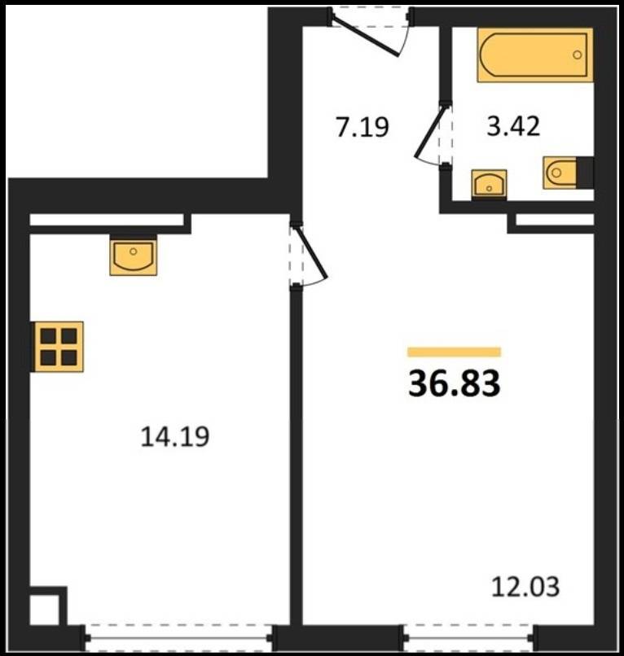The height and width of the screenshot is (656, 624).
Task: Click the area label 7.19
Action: click(363, 127)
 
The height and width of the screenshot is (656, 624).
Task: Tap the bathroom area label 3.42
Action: click(513, 126)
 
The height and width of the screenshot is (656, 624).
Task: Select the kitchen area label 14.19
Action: click(174, 437)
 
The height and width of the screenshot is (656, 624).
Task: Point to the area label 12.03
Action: click(525, 586)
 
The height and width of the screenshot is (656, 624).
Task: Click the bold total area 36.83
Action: click(455, 383)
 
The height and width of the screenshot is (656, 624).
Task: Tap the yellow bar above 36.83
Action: click(455, 352)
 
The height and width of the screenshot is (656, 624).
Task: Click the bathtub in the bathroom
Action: click(534, 55)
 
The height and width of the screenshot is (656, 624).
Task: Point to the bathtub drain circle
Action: click(577, 55)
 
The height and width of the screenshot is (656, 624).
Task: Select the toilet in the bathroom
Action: click(568, 173)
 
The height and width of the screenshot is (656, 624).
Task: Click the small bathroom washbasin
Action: click(489, 183)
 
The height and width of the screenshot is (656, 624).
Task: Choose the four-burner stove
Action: click(59, 347)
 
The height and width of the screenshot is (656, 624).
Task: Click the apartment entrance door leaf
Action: click(365, 35)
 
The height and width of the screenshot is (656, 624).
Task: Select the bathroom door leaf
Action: click(429, 131)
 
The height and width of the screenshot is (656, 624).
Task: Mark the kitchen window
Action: click(179, 638)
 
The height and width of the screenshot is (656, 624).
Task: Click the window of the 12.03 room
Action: click(468, 638)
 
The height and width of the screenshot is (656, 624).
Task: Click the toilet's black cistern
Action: click(585, 173)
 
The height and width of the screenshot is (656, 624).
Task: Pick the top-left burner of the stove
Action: click(48, 336)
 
